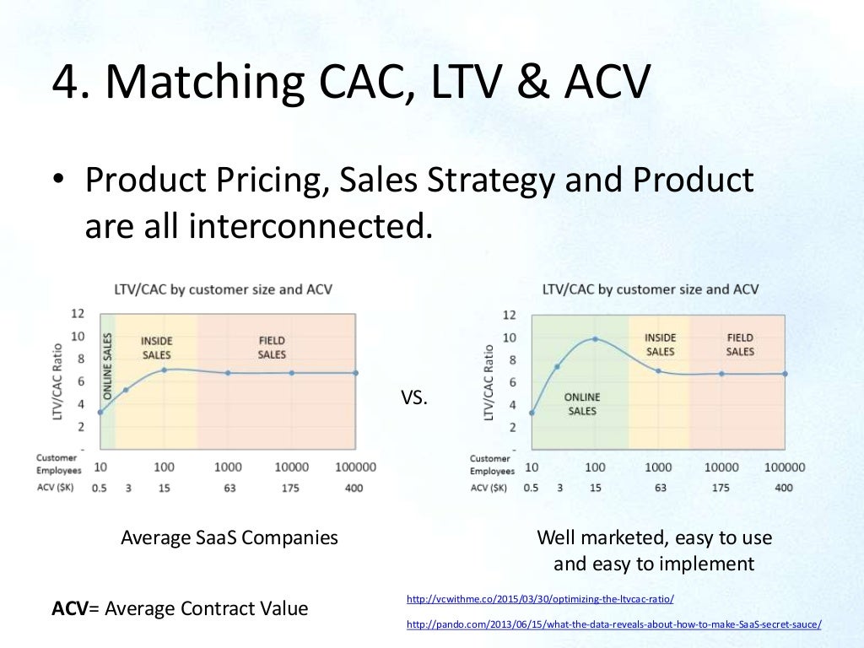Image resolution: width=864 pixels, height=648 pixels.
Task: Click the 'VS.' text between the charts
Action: pos(414,398)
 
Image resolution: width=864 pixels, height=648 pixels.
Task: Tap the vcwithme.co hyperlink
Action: pos(540,599)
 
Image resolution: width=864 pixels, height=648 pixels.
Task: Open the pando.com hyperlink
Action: pos(613,624)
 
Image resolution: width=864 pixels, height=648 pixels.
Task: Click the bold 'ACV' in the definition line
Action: pos(69,607)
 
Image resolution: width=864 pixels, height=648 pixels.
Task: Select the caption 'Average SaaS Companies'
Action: pos(229,537)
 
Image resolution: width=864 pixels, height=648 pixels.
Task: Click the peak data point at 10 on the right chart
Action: pos(595,339)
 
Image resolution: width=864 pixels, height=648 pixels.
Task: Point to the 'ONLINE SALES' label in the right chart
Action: pos(582,403)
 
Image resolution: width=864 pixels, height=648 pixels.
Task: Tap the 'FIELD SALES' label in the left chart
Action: pos(272,348)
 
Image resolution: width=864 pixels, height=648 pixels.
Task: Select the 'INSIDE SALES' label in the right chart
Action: pos(660,344)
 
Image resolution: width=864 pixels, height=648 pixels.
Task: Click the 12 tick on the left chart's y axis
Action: pos(78,313)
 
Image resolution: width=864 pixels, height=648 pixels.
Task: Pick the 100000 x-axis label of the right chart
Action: pos(784,467)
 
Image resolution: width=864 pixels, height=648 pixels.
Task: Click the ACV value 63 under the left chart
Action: pos(228,487)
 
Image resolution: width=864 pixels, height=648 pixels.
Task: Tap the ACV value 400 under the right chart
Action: pos(784,488)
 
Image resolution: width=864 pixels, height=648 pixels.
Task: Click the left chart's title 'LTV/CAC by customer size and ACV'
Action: pos(223,289)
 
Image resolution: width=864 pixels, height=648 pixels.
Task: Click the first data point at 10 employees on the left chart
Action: pos(100,413)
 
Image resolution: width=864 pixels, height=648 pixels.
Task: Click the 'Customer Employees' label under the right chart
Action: pos(490,465)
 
